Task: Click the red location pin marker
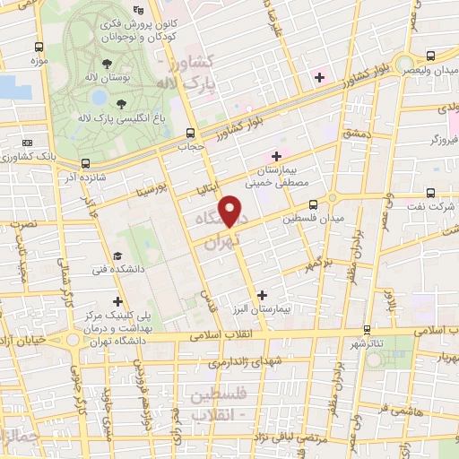pyautogui.click(x=232, y=212)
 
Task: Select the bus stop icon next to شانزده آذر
pyautogui.click(x=85, y=163)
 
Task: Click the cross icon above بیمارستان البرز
pyautogui.click(x=262, y=294)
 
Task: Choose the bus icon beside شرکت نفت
pyautogui.click(x=430, y=193)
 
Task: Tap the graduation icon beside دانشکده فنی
pyautogui.click(x=119, y=255)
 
